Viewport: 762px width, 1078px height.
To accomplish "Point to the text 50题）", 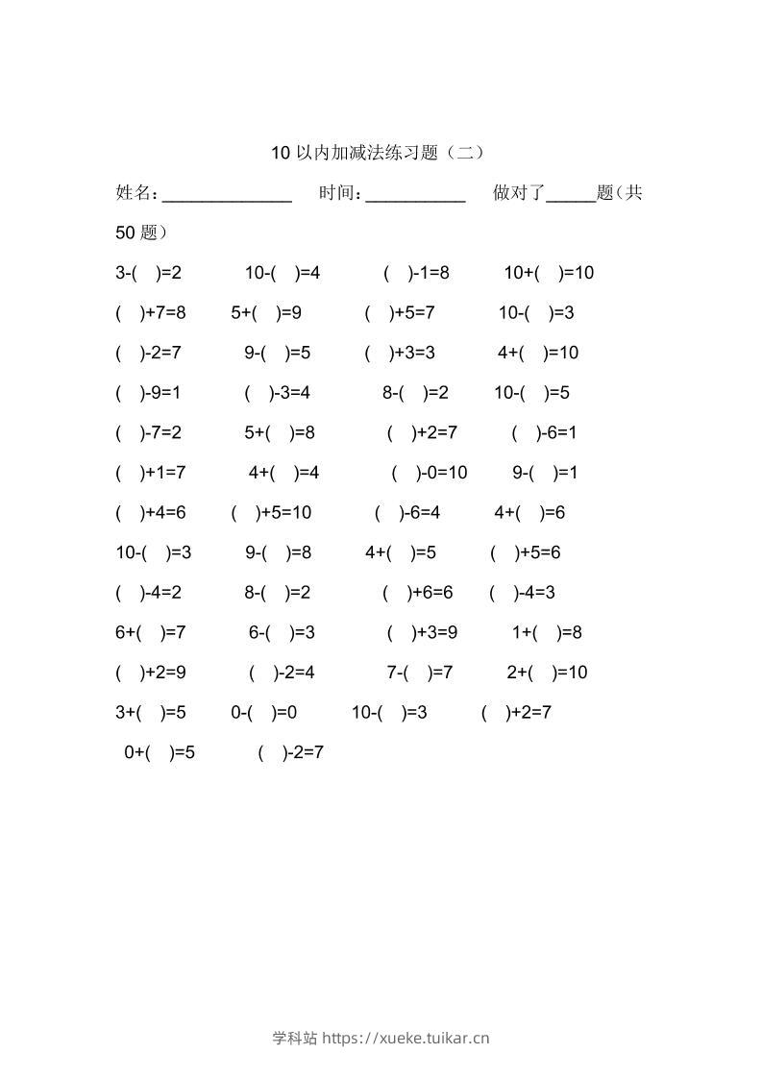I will pyautogui.click(x=141, y=233).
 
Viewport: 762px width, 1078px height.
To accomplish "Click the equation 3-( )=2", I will pyautogui.click(x=148, y=273).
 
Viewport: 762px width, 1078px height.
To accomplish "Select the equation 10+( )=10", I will pyautogui.click(x=549, y=273).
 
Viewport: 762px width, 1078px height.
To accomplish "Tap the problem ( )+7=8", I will pyautogui.click(x=150, y=312).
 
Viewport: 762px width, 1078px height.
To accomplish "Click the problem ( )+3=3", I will pyautogui.click(x=400, y=353).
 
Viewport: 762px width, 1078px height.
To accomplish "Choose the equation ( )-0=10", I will pyautogui.click(x=430, y=473).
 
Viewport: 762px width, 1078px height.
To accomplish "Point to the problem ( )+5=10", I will pyautogui.click(x=271, y=513).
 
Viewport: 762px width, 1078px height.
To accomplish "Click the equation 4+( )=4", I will pyautogui.click(x=283, y=473).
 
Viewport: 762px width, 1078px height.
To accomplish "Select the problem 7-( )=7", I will pyautogui.click(x=420, y=673).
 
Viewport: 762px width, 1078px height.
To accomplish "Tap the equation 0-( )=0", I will pyautogui.click(x=263, y=713).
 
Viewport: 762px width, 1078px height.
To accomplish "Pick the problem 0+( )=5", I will pyautogui.click(x=160, y=752).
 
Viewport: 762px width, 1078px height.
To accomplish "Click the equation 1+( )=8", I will pyautogui.click(x=547, y=632).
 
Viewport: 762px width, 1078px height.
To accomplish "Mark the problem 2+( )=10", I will pyautogui.click(x=547, y=673).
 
